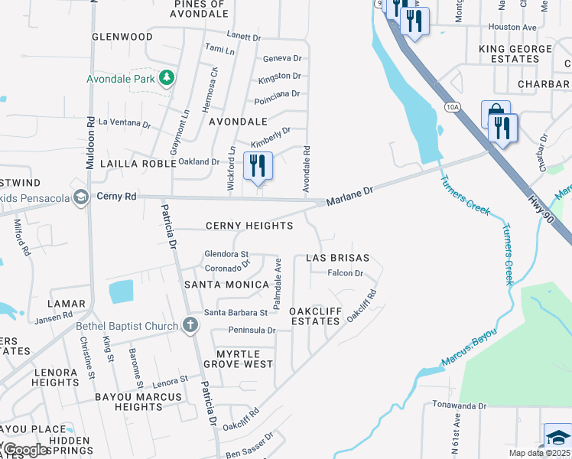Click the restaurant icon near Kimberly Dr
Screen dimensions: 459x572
(258, 166)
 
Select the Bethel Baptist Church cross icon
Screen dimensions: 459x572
(190, 326)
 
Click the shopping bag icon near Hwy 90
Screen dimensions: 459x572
(495, 115)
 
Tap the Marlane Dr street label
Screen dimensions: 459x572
(349, 197)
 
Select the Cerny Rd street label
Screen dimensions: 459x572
(116, 197)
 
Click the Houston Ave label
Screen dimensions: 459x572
(512, 27)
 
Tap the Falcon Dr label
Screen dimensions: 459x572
(344, 273)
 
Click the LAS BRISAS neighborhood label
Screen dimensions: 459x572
(337, 259)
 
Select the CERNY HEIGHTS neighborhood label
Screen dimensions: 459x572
(249, 226)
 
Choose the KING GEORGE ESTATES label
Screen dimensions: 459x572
(519, 54)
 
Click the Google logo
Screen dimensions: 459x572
(25, 449)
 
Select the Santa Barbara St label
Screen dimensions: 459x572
(236, 312)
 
